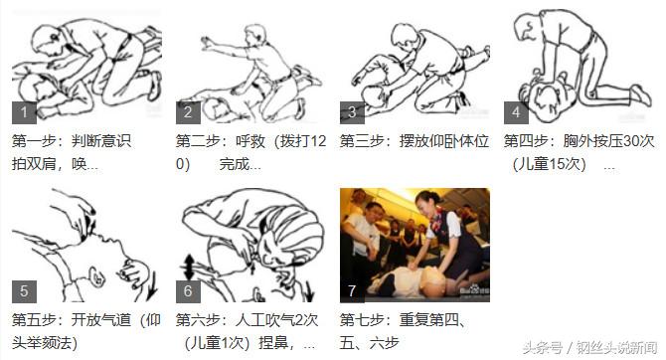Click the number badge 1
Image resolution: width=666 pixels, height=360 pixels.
(23, 111)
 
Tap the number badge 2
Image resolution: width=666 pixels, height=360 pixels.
(187, 111)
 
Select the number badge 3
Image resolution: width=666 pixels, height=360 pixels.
(351, 111)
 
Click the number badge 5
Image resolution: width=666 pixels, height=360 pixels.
(23, 291)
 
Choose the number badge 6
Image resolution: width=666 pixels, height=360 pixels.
(187, 291)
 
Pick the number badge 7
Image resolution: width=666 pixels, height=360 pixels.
(351, 291)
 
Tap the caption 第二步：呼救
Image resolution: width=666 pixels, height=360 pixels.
(222, 141)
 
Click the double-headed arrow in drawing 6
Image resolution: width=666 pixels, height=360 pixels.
(190, 267)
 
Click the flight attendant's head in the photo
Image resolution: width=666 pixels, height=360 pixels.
(426, 202)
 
